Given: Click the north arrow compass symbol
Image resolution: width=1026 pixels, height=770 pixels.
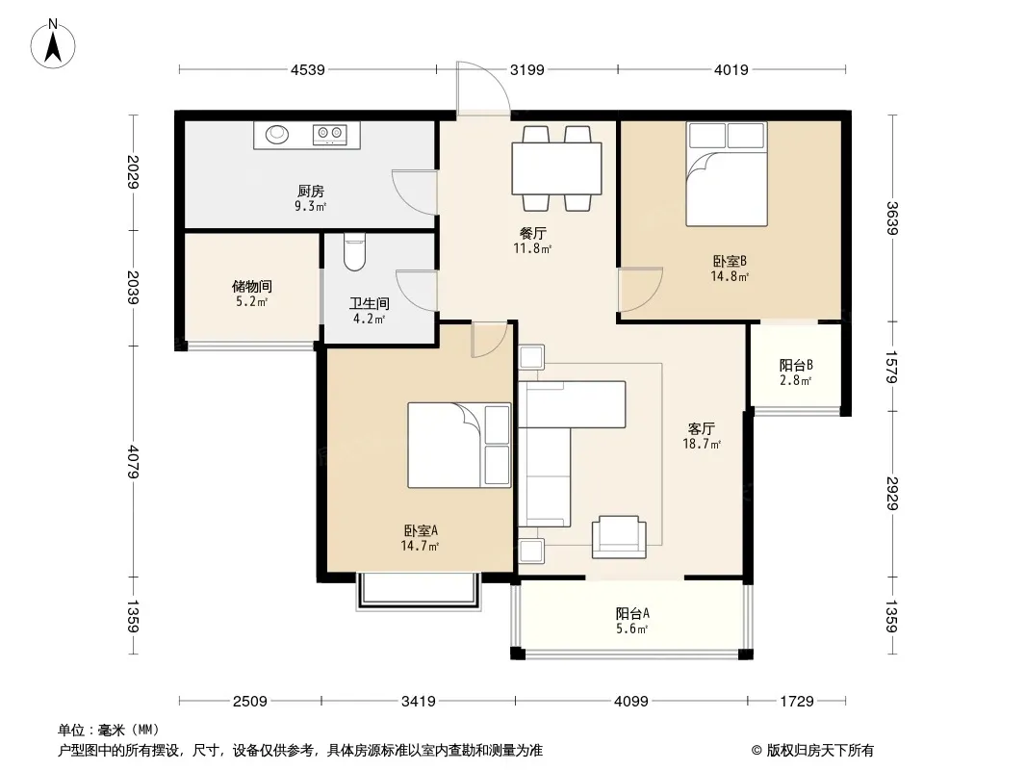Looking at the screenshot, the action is click(x=53, y=44).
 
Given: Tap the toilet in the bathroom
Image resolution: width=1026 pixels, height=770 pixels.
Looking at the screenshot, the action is click(x=354, y=252).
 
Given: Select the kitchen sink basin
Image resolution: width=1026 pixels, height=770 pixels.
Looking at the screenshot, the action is click(x=277, y=134).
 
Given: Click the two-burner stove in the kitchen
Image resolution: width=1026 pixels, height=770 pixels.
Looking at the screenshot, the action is click(x=330, y=134).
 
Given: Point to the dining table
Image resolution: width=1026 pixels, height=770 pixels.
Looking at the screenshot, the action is click(x=557, y=168).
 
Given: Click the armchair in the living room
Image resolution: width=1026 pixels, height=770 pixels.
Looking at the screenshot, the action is click(x=619, y=537).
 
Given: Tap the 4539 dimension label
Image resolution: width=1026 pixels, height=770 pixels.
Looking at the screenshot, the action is click(x=308, y=69).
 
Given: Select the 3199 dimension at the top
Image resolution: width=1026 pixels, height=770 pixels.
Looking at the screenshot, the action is click(x=527, y=69).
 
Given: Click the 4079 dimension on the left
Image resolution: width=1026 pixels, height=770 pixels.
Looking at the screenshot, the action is click(x=134, y=462).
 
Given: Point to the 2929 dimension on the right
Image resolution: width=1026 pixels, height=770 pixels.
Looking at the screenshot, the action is click(x=892, y=493).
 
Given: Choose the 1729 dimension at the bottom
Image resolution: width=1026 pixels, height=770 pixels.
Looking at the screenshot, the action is click(x=796, y=702).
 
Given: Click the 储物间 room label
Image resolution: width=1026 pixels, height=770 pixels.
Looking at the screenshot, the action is click(x=252, y=287).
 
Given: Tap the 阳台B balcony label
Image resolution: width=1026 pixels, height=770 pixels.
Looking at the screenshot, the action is click(x=796, y=365).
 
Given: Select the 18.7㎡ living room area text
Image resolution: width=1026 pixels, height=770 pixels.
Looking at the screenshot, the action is click(x=702, y=445).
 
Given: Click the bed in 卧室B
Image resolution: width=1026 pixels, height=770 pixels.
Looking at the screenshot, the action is click(x=727, y=174).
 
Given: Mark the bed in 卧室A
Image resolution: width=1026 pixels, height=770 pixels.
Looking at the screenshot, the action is click(x=459, y=445).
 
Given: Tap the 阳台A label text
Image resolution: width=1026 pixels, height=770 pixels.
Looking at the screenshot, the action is click(x=632, y=614).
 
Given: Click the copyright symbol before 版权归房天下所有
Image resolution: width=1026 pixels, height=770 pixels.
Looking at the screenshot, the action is click(x=757, y=751).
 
